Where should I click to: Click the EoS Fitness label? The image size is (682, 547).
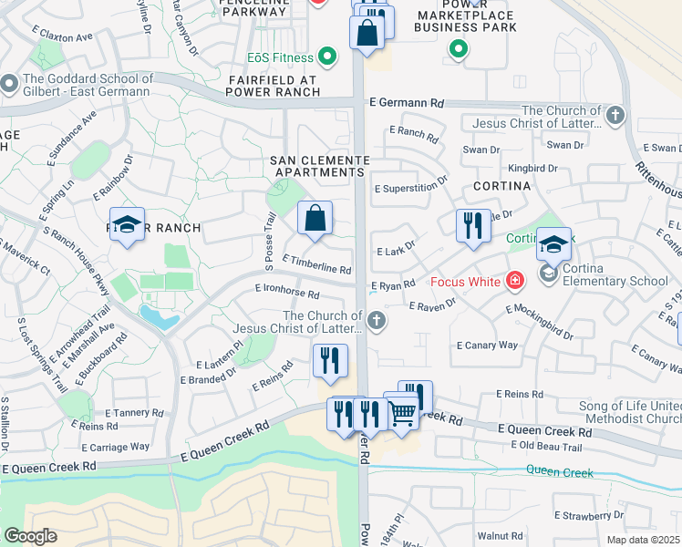point(279,58)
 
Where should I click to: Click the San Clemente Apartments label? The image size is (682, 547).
point(318,166)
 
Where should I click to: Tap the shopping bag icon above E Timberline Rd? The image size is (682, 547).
point(315,219)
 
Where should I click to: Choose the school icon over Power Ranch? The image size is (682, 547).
point(128,225)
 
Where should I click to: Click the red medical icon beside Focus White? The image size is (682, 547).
point(515,281)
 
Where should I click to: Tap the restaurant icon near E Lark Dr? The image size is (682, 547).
point(472,226)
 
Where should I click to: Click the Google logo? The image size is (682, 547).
point(30,536)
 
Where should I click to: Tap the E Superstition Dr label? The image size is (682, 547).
point(411,183)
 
